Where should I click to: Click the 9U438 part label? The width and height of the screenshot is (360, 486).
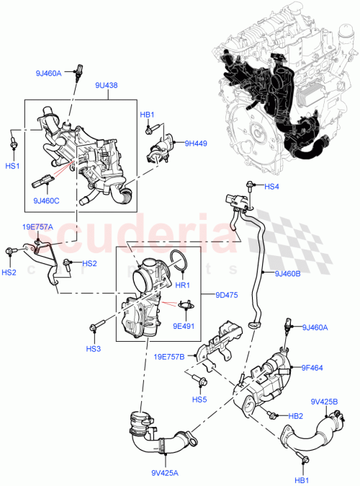(107, 84)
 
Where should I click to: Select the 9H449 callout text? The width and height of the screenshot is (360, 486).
(194, 143)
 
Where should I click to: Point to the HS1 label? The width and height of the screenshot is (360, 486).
(12, 165)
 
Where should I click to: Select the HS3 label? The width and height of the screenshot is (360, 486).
(94, 349)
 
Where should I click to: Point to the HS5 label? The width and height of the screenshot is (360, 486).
(199, 399)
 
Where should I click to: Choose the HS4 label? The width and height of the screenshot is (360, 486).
(271, 187)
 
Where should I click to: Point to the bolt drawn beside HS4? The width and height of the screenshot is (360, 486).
(251, 186)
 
